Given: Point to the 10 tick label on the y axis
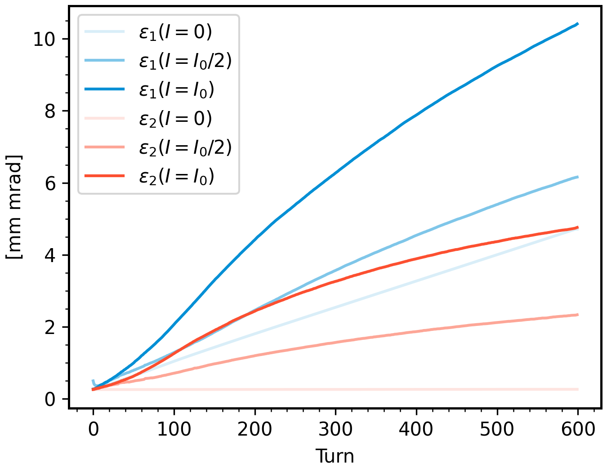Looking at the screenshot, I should click(44, 39).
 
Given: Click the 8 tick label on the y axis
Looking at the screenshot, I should click(50, 111).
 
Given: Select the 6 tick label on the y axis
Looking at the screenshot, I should click(50, 183).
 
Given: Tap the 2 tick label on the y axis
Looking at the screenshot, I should click(50, 327).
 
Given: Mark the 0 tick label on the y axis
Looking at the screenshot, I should click(50, 399).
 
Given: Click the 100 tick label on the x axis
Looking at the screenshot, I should click(174, 430).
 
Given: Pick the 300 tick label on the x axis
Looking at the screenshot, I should click(335, 430).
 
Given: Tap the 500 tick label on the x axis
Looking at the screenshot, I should click(497, 430).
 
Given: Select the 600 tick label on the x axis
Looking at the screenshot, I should click(578, 430).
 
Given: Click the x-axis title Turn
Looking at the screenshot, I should click(335, 456).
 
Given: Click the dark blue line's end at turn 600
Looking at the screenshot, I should click(578, 24).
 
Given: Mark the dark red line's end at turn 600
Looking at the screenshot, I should click(578, 227).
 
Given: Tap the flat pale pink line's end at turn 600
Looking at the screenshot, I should click(578, 389).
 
